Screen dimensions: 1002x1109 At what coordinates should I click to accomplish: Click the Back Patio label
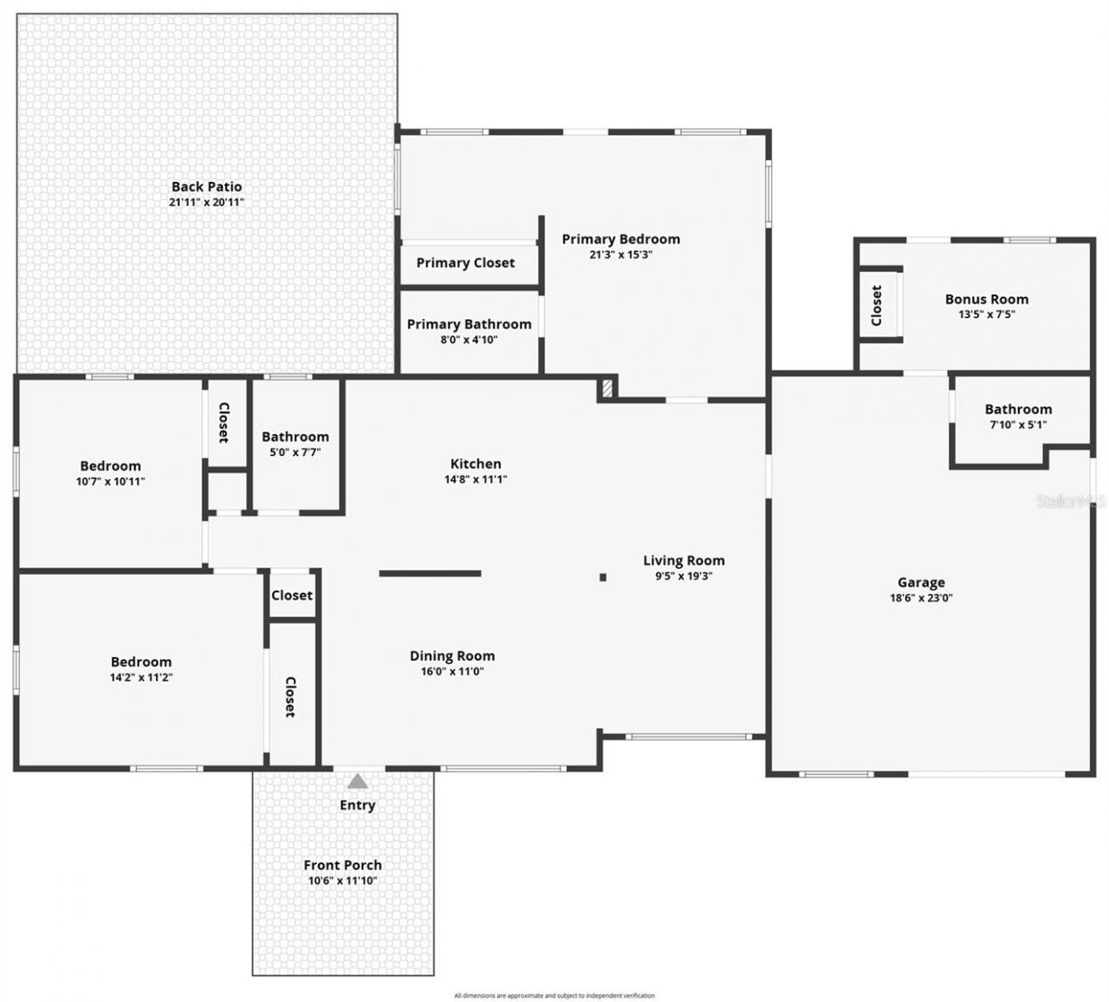[206, 186]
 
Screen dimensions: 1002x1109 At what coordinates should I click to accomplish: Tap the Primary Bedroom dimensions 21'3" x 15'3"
[620, 255]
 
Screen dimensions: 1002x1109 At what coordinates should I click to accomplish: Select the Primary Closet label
[465, 263]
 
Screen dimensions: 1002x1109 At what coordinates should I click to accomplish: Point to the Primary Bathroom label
[469, 324]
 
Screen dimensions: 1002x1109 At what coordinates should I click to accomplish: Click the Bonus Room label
[986, 299]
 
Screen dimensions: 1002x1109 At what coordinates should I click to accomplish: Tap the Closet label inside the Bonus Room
[877, 305]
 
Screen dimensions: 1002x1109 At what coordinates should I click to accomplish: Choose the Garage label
[920, 582]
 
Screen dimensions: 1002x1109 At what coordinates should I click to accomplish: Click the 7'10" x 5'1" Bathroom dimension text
[1018, 425]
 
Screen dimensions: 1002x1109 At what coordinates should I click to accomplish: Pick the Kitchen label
[476, 464]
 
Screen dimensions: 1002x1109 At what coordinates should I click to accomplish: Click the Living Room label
[684, 561]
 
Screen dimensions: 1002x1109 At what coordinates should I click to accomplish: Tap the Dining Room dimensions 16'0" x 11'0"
[452, 671]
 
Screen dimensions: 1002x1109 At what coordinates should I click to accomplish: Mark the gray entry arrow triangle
[357, 782]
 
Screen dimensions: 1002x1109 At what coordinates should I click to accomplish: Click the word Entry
[357, 805]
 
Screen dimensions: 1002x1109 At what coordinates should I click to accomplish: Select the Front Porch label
[342, 865]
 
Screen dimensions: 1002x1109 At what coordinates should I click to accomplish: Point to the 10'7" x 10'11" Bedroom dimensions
[110, 481]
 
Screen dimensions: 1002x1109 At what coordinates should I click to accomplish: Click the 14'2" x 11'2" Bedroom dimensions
[140, 677]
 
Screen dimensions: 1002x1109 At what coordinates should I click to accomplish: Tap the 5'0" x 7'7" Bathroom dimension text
[295, 452]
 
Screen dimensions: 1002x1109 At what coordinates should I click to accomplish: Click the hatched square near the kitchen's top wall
[607, 387]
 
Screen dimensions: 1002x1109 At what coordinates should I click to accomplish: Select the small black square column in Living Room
[603, 577]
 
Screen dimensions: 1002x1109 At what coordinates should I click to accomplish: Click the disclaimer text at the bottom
[554, 996]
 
